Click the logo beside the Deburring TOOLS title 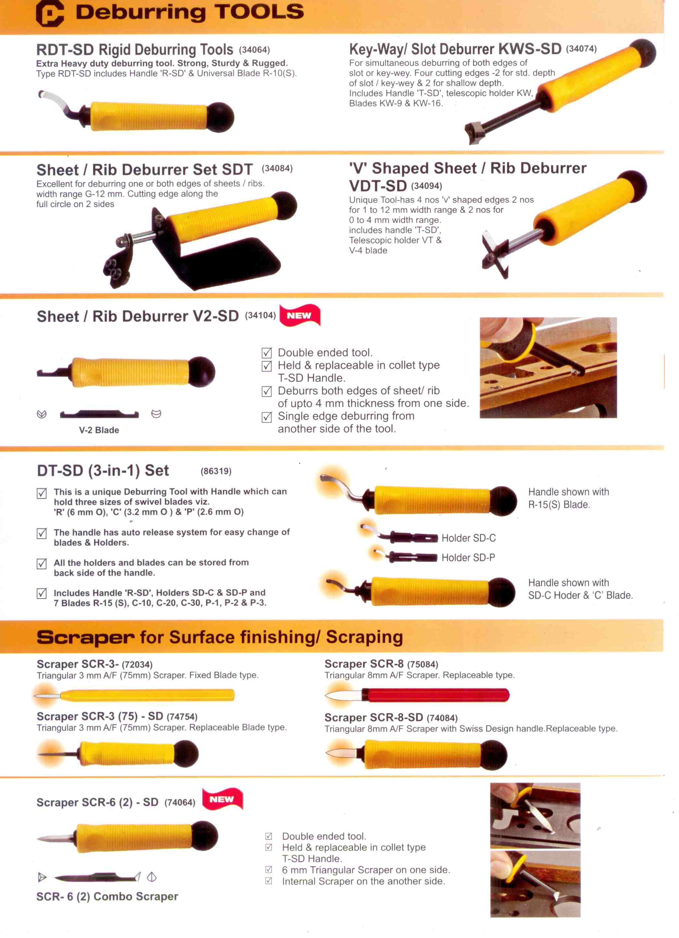50,13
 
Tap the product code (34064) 254,50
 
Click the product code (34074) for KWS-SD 581,49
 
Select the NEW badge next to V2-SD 300,315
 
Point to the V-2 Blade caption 99,430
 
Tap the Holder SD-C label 469,538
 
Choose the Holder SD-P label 468,557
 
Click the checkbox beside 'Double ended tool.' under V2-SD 267,353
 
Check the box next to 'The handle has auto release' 42,533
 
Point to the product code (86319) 216,471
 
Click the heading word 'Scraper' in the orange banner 85,637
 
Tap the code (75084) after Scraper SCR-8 422,664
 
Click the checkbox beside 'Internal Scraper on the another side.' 268,881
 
